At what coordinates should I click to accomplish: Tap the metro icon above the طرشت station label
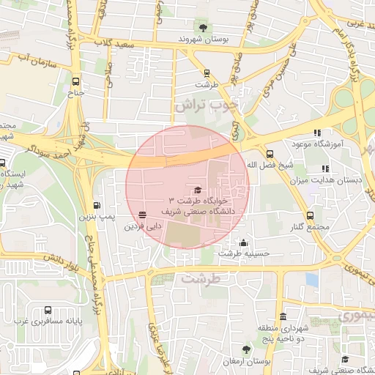click(207, 73)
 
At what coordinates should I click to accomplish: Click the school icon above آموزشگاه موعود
click(316, 133)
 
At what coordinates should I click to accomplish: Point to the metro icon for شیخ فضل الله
click(270, 154)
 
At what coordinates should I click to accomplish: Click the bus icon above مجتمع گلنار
click(311, 215)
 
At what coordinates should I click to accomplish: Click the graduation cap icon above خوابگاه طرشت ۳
click(198, 190)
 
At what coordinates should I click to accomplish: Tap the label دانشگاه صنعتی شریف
click(201, 210)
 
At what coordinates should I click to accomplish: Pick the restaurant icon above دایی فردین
click(141, 215)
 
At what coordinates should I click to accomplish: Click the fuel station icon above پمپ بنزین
click(97, 206)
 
